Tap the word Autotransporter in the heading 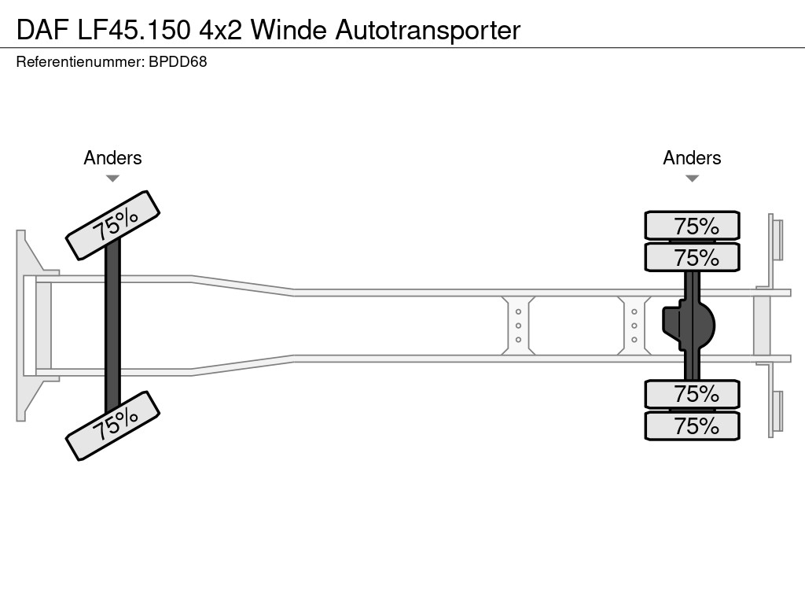click(x=428, y=30)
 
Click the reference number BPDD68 click(x=178, y=61)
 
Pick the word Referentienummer click(x=79, y=61)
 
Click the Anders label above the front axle click(x=112, y=158)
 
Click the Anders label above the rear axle click(x=692, y=158)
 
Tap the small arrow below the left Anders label click(x=112, y=179)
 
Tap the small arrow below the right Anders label click(x=692, y=179)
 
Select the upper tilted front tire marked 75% click(x=113, y=225)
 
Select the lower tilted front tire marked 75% click(x=113, y=425)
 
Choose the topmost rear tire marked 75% click(x=692, y=226)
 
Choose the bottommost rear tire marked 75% click(x=692, y=426)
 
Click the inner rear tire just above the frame click(x=692, y=257)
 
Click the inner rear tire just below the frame click(x=692, y=393)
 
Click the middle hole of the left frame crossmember click(x=518, y=326)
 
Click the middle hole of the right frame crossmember click(x=634, y=326)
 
